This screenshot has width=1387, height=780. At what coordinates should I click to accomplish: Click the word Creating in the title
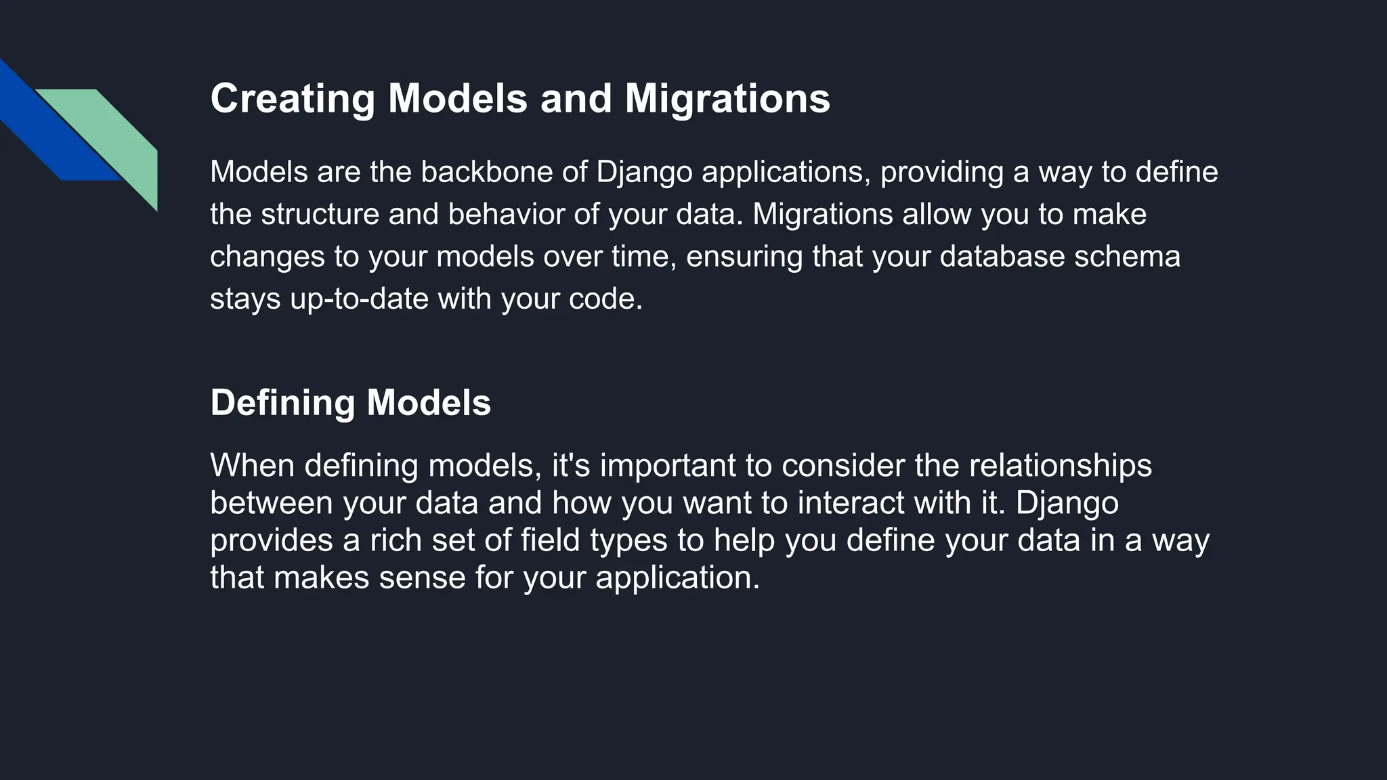click(x=293, y=99)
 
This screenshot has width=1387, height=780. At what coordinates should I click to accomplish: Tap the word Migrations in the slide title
click(x=727, y=99)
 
